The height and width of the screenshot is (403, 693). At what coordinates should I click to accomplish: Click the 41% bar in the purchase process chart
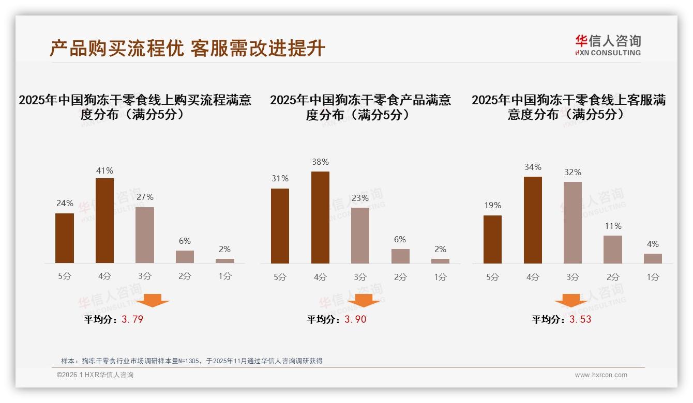coord(104,221)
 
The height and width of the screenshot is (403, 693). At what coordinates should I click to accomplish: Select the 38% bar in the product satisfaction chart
coord(320,218)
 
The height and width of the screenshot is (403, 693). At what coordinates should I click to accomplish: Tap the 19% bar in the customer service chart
coord(492,239)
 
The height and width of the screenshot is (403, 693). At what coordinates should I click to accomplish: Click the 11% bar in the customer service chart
coord(612,250)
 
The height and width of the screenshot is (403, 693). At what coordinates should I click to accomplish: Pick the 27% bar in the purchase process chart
coord(145,235)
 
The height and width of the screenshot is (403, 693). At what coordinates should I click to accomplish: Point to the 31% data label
coord(280,179)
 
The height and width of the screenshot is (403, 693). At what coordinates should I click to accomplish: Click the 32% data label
coord(573,172)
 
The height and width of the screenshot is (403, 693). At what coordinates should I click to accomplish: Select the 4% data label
coord(653,244)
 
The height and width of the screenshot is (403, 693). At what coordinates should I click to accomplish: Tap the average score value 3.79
coord(132,319)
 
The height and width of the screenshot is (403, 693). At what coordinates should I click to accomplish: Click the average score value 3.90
coord(355,319)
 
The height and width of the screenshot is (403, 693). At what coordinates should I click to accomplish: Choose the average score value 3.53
coord(580,319)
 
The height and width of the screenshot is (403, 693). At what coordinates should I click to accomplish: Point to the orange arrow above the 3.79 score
coord(153,300)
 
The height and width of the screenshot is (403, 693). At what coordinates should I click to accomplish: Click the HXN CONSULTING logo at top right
coord(608,45)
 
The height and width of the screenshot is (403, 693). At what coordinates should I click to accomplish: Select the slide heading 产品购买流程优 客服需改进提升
coord(187,48)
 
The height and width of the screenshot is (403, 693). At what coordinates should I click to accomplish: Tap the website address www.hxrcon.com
coord(601,375)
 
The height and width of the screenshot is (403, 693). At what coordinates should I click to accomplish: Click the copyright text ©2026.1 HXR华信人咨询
coord(95,375)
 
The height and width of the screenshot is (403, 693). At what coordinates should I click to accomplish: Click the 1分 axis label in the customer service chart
coord(653,277)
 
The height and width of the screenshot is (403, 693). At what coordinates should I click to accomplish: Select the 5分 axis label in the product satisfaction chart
coord(280,277)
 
